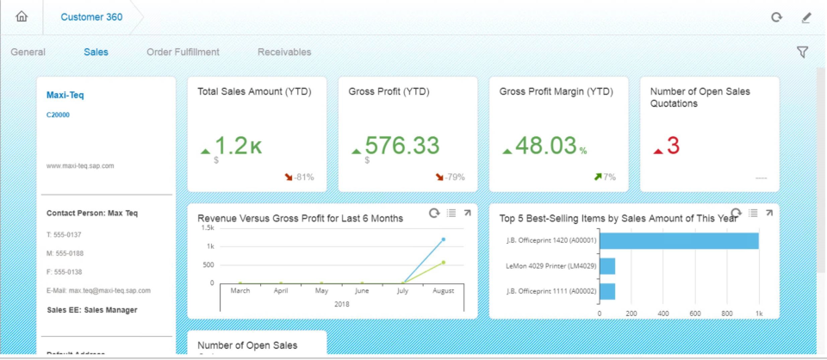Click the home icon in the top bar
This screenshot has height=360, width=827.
tap(22, 16)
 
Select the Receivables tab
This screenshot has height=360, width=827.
tap(284, 53)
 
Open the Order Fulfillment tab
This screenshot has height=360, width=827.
tap(183, 53)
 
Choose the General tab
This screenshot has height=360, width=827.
tap(28, 53)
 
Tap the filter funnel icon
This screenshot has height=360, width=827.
tap(802, 53)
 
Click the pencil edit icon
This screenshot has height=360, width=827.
tap(806, 17)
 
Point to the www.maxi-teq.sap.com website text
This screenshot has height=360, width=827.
tap(80, 165)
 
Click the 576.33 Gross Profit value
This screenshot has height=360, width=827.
tap(401, 146)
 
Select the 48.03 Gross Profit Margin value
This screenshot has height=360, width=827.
tap(540, 146)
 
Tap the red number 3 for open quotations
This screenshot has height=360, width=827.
tap(673, 146)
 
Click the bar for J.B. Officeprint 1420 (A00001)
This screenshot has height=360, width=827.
tap(678, 241)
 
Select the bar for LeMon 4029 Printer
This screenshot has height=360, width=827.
tap(606, 266)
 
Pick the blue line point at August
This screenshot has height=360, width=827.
tap(444, 239)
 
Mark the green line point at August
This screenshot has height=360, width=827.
tap(444, 262)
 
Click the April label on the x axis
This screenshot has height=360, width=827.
tap(281, 292)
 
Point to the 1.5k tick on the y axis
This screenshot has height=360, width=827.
tap(208, 228)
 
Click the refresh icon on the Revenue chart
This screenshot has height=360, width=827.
tap(434, 214)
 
